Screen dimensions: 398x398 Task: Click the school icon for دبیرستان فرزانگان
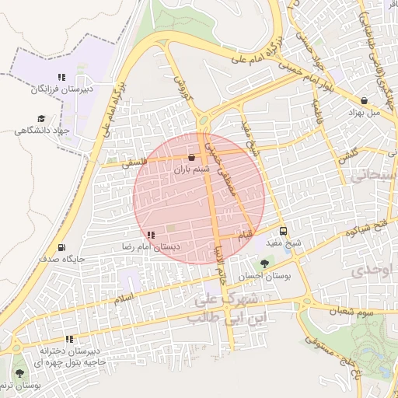61,77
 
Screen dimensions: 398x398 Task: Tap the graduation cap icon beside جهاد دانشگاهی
40,118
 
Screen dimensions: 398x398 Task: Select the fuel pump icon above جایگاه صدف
61,248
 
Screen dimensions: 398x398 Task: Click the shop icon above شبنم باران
191,157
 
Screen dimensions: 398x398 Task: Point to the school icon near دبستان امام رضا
151,234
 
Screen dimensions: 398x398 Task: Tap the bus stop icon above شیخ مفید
283,231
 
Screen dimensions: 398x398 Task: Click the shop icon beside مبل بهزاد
365,100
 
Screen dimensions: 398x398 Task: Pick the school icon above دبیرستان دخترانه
70,339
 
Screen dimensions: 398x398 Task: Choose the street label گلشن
347,155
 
